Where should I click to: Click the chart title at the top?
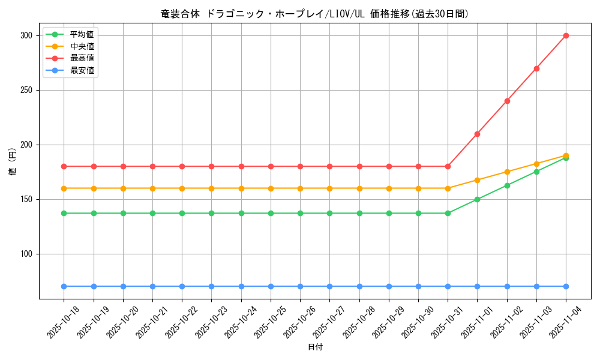pyautogui.click(x=315, y=14)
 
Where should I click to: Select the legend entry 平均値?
pyautogui.click(x=82, y=34)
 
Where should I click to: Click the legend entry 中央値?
pyautogui.click(x=82, y=46)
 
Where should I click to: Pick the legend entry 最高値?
pyautogui.click(x=82, y=58)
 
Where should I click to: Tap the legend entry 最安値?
pyautogui.click(x=82, y=70)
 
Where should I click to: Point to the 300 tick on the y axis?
pyautogui.click(x=26, y=35)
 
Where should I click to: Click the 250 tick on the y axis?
pyautogui.click(x=26, y=90)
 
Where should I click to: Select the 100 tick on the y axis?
pyautogui.click(x=26, y=254)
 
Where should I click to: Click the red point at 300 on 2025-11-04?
pyautogui.click(x=566, y=35)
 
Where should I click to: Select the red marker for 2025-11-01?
pyautogui.click(x=477, y=134)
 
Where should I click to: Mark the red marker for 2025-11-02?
pyautogui.click(x=507, y=101)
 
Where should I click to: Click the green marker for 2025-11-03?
pyautogui.click(x=536, y=172)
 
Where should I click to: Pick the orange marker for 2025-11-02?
pyautogui.click(x=507, y=172)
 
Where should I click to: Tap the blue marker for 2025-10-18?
pyautogui.click(x=64, y=286)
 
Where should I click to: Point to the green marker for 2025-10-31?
pyautogui.click(x=448, y=213)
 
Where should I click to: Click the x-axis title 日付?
pyautogui.click(x=315, y=347)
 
